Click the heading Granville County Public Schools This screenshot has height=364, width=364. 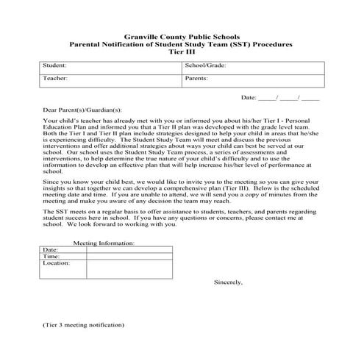(x=181, y=36)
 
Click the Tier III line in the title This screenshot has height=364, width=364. (x=181, y=52)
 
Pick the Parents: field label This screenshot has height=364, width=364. (x=196, y=77)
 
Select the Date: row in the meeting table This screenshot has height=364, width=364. (x=50, y=249)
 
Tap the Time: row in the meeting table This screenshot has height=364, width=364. (x=51, y=256)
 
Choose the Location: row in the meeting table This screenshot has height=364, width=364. (x=56, y=263)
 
